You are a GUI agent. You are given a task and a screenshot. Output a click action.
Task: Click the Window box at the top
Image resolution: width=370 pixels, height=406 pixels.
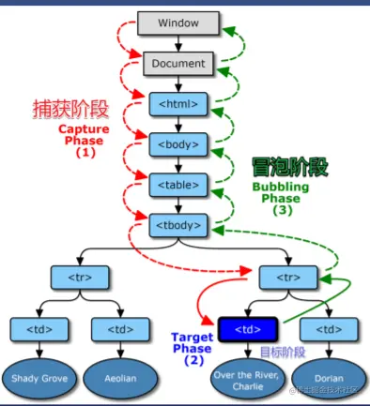pyautogui.click(x=178, y=22)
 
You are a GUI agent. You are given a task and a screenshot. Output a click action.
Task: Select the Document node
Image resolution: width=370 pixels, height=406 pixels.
pyautogui.click(x=178, y=64)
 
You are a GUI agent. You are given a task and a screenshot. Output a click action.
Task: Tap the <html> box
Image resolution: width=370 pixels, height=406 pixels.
pyautogui.click(x=178, y=104)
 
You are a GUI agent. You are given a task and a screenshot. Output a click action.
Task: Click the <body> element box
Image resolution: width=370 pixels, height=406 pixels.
pyautogui.click(x=178, y=145)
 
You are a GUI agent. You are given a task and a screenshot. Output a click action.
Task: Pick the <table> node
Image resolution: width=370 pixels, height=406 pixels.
pyautogui.click(x=178, y=186)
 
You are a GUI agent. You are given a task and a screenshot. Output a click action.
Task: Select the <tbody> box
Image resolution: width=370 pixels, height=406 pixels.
pyautogui.click(x=178, y=226)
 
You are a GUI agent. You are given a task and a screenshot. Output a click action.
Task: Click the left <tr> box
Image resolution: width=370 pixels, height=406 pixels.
pyautogui.click(x=79, y=277)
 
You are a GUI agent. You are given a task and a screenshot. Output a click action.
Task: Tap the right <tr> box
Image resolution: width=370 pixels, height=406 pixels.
pyautogui.click(x=288, y=277)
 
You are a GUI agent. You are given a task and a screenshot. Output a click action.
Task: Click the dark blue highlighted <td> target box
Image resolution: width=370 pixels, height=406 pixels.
pyautogui.click(x=247, y=329)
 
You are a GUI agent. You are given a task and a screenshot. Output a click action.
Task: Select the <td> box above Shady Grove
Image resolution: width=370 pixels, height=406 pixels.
pyautogui.click(x=39, y=329)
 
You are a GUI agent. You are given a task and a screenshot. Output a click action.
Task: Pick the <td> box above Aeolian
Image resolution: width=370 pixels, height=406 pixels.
pyautogui.click(x=120, y=329)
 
